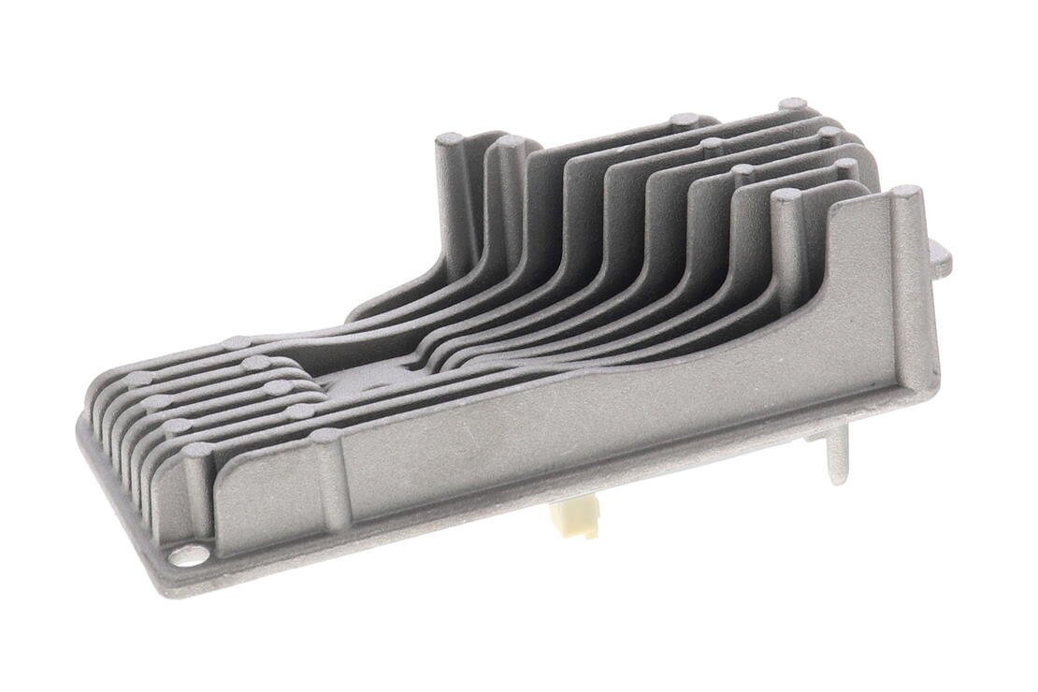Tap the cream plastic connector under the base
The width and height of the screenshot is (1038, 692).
(575, 518)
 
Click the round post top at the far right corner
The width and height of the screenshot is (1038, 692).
(905, 193)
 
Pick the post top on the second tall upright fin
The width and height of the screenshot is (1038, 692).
(511, 141)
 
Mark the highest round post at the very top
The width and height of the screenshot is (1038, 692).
(793, 103)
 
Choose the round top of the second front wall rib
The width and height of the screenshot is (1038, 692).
(324, 436)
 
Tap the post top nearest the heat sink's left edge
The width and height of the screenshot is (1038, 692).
(140, 379)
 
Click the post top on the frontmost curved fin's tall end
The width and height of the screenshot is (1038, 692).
(784, 195)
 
